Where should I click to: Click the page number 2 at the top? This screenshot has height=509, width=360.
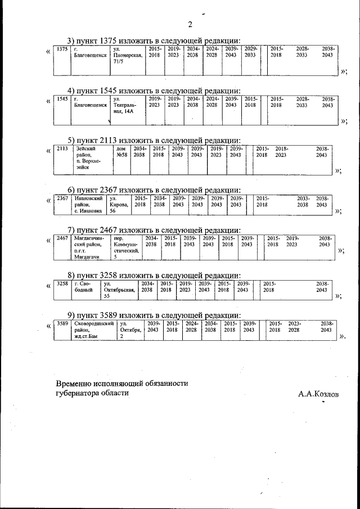190,24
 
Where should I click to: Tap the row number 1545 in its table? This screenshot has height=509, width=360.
62,100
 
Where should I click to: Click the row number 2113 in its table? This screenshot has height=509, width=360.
62,148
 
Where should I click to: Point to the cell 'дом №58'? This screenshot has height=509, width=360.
122,151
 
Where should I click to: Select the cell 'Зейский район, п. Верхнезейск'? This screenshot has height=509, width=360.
89,157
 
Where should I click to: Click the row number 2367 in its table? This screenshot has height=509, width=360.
62,199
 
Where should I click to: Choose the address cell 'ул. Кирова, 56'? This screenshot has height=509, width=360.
118,204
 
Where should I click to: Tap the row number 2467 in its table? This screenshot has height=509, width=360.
62,238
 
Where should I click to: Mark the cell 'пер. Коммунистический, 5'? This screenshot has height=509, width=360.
125,248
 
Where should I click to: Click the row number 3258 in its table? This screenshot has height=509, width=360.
62,283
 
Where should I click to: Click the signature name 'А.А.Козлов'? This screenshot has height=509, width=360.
319,394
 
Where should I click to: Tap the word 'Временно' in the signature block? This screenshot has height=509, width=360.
75,383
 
